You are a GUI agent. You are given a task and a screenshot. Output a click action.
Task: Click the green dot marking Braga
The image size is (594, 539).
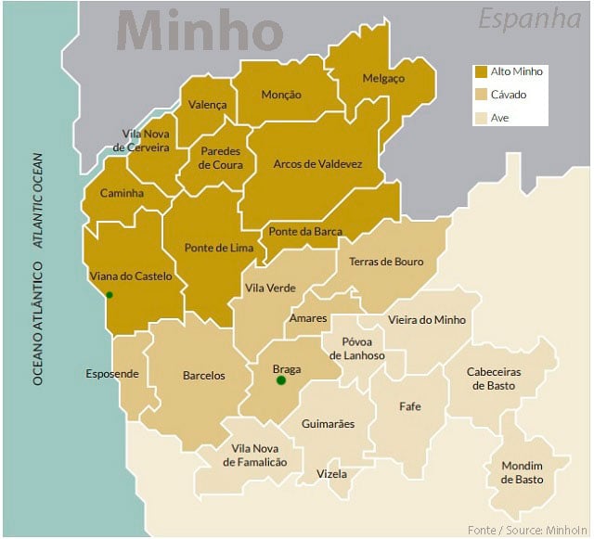coord(281,379)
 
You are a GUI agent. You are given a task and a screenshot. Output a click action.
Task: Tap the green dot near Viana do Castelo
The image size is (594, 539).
coord(110,295)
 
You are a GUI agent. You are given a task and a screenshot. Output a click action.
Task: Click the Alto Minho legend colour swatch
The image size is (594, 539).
coord(481,71)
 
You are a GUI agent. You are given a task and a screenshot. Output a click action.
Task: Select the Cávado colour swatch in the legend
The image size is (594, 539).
coord(481,95)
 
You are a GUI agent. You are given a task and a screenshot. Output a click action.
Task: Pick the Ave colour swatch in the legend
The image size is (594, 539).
coord(481,118)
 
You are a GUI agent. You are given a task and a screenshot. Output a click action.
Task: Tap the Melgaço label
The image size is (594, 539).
coord(384,79)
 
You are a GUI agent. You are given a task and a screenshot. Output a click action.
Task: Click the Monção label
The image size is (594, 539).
coord(281,95)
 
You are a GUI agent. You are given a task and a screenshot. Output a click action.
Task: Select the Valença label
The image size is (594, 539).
coord(207,105)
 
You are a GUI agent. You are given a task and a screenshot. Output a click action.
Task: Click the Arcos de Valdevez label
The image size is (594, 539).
coord(317,163)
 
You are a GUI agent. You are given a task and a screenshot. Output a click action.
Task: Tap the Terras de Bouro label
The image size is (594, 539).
coord(386,262)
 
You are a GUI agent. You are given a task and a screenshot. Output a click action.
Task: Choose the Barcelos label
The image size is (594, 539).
coord(203,376)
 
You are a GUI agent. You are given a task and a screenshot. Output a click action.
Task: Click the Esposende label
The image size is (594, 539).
coord(112,374)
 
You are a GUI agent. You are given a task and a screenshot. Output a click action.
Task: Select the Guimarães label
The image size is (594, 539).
coord(328,424)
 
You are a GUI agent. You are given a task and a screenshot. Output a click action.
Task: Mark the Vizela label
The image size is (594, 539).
coord(331,474)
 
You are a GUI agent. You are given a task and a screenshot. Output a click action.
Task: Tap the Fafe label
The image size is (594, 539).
coord(409,406)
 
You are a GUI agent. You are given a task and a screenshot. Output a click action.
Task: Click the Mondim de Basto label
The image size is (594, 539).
coord(522,472)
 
